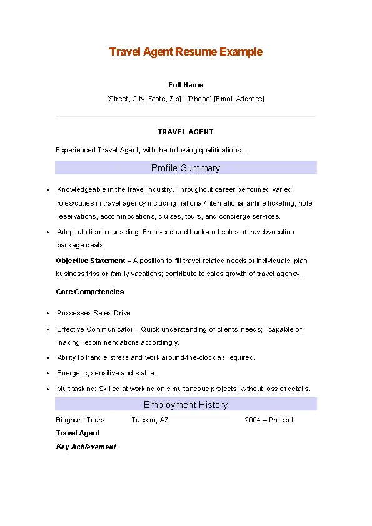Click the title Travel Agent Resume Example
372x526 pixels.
(x=186, y=52)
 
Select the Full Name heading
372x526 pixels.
(x=186, y=85)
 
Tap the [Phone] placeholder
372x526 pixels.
(x=199, y=99)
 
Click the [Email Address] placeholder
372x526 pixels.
(x=239, y=99)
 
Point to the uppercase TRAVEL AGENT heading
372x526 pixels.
(x=186, y=132)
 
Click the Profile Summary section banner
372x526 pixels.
(x=186, y=168)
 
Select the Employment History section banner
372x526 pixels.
(x=186, y=405)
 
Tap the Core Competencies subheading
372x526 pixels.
(x=90, y=292)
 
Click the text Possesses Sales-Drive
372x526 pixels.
(x=94, y=313)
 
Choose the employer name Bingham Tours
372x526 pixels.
(x=80, y=420)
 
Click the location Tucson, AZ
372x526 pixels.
(x=150, y=420)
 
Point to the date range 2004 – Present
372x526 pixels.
(x=269, y=420)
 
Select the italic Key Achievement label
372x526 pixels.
(x=86, y=447)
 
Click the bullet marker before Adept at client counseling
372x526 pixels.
(x=48, y=232)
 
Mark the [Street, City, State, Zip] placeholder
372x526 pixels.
(x=144, y=99)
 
